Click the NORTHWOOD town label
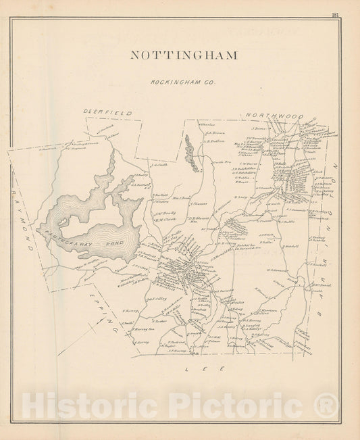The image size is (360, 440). tap(274, 117)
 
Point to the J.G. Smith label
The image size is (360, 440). tap(161, 164)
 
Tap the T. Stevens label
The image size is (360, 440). tap(199, 203)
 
